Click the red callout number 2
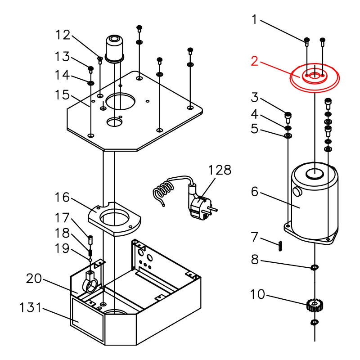pos(254,61)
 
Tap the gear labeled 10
pos(315,306)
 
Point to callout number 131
pos(31,308)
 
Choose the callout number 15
pos(62,95)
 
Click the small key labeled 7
pos(280,246)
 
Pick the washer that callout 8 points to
pos(314,267)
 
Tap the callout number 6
pos(255,192)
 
